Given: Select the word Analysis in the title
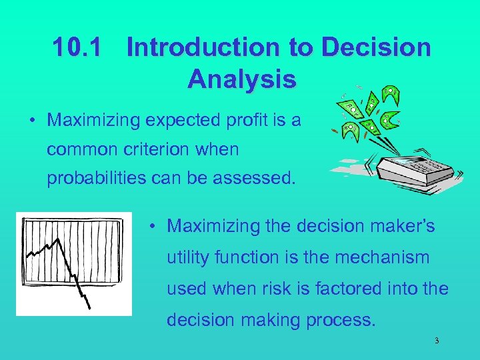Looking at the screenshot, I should point(241,79).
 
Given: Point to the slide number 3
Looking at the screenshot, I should point(437,341).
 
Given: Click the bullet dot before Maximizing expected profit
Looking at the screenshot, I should point(32,121).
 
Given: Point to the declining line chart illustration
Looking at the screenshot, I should point(73,263).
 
